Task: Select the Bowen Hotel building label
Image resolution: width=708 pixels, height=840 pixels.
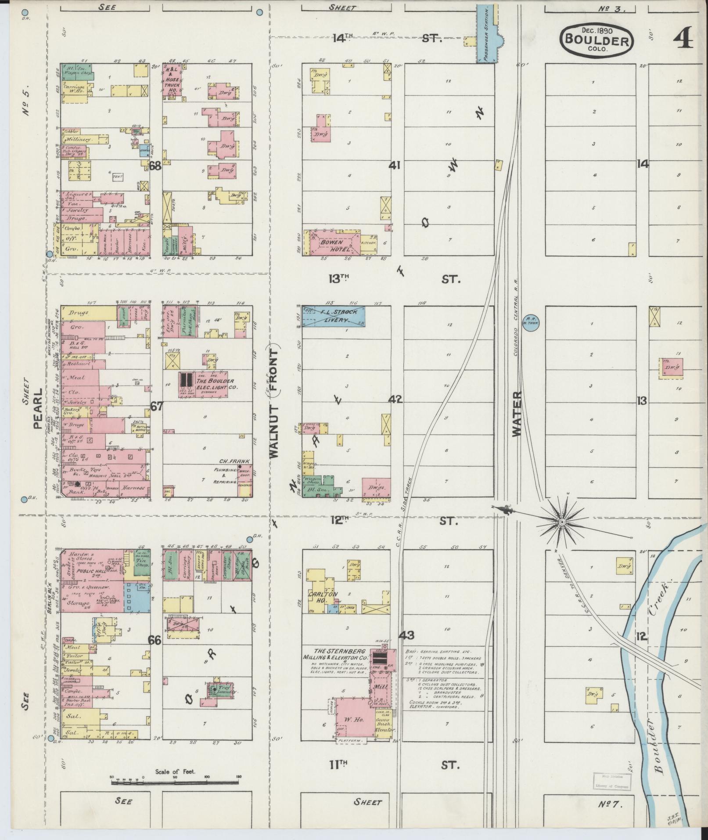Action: coord(335,245)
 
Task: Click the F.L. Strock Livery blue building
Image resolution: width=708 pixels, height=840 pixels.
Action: coord(334,316)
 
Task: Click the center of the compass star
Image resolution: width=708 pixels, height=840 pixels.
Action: coord(562,522)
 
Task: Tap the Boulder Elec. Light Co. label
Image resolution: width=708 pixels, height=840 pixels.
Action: coord(215,384)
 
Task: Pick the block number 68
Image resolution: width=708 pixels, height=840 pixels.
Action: coord(155,166)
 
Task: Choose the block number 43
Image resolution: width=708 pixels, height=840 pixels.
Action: coord(406,635)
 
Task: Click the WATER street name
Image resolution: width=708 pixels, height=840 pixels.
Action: coord(517,414)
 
